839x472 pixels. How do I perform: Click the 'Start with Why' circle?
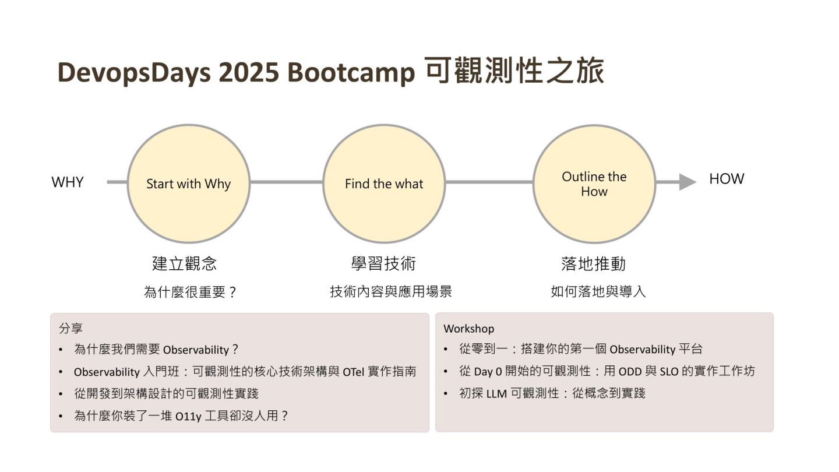pyautogui.click(x=188, y=184)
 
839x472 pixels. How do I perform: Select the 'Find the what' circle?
pyautogui.click(x=384, y=184)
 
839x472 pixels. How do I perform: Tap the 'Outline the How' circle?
pyautogui.click(x=594, y=184)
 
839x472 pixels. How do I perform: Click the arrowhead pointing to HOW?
pyautogui.click(x=687, y=182)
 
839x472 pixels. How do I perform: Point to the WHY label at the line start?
pyautogui.click(x=68, y=182)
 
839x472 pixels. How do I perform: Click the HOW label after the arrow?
pyautogui.click(x=726, y=179)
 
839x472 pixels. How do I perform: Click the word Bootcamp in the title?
pyautogui.click(x=351, y=73)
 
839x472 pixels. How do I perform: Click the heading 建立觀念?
pyautogui.click(x=184, y=263)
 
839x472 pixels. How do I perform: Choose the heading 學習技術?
pyautogui.click(x=383, y=263)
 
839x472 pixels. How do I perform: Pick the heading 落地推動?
pyautogui.click(x=593, y=263)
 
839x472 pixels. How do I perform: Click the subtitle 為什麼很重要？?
pyautogui.click(x=190, y=292)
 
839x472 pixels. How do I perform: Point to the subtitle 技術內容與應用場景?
pyautogui.click(x=391, y=291)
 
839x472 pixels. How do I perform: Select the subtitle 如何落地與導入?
pyautogui.click(x=598, y=291)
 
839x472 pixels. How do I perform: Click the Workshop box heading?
pyautogui.click(x=468, y=329)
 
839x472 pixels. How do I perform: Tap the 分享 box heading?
pyautogui.click(x=70, y=328)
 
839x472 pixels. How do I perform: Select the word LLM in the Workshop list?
pyautogui.click(x=497, y=393)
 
